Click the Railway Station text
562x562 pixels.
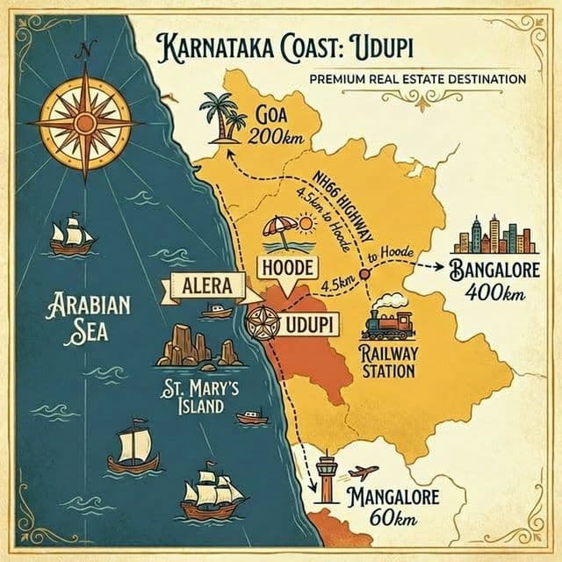click(x=387, y=362)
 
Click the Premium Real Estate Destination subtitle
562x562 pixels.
click(x=417, y=79)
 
